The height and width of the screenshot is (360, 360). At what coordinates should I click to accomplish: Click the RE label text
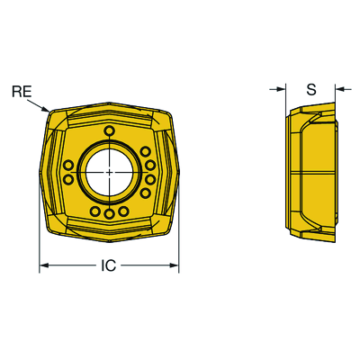click(22, 91)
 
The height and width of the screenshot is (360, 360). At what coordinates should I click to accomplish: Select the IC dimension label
click(108, 265)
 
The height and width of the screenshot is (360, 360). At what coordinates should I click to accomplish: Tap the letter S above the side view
click(311, 89)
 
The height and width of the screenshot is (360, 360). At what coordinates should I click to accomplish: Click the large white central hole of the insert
click(110, 172)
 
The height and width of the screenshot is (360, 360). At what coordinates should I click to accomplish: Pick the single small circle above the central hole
click(110, 130)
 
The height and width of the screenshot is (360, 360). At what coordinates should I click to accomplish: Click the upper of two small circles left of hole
click(69, 165)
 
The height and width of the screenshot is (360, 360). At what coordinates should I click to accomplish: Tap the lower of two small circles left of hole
click(69, 179)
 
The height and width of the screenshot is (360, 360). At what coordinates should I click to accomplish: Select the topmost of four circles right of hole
click(146, 151)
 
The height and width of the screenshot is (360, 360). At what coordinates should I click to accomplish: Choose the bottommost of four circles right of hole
click(146, 193)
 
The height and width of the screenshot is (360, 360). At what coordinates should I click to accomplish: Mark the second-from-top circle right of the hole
click(150, 165)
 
